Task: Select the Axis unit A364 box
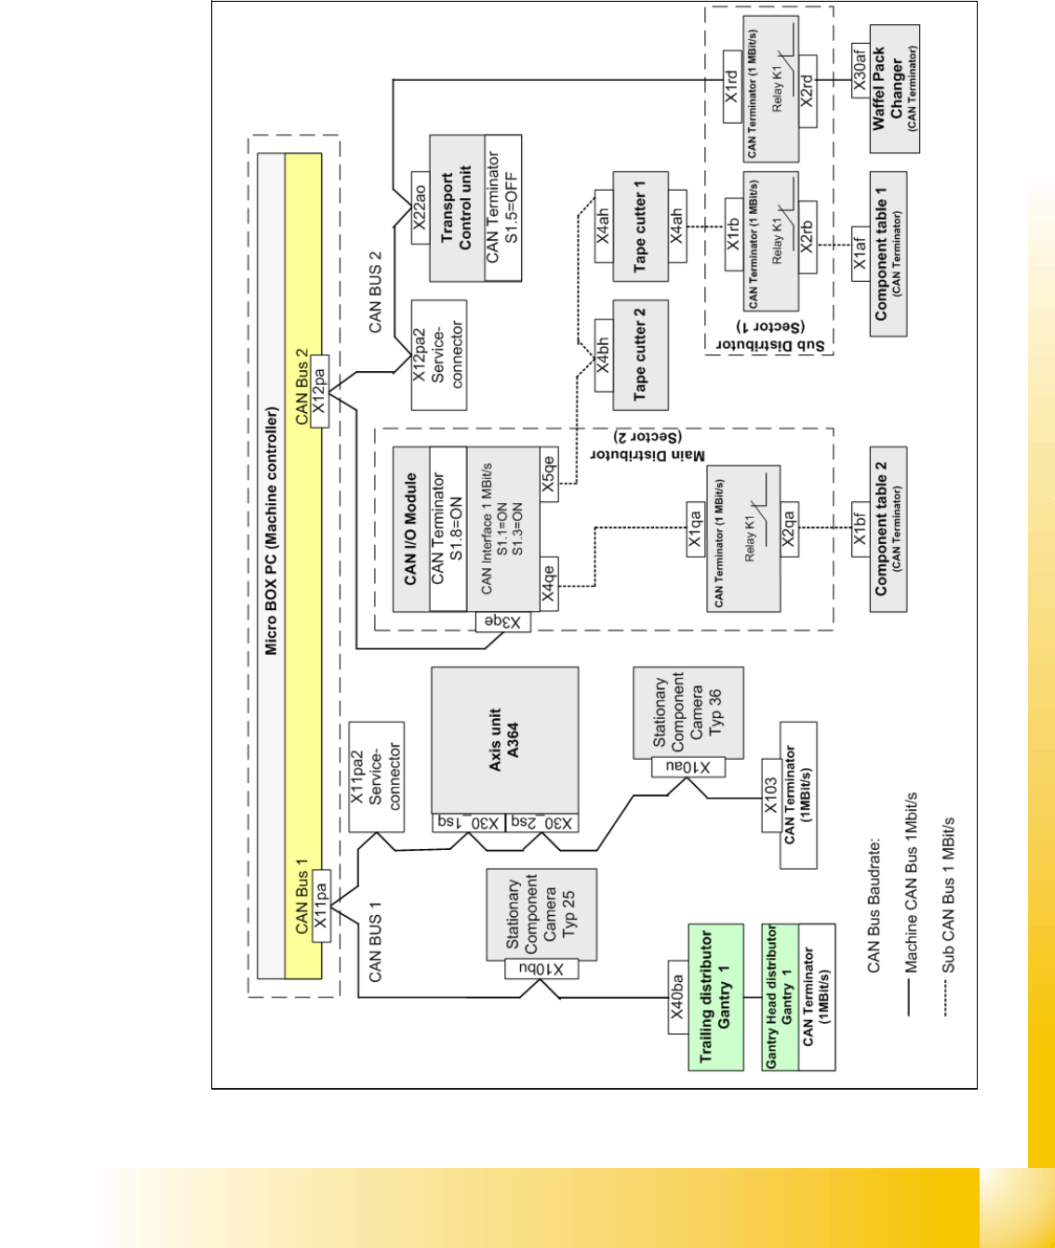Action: click(x=505, y=740)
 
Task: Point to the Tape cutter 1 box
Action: click(x=640, y=226)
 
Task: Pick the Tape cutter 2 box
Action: click(x=640, y=354)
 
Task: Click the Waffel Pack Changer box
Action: click(x=894, y=88)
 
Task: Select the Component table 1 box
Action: click(x=888, y=254)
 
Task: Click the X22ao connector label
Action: click(x=420, y=207)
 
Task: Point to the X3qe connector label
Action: click(x=503, y=621)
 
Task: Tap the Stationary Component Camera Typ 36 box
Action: click(x=688, y=712)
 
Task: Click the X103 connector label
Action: click(x=770, y=795)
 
